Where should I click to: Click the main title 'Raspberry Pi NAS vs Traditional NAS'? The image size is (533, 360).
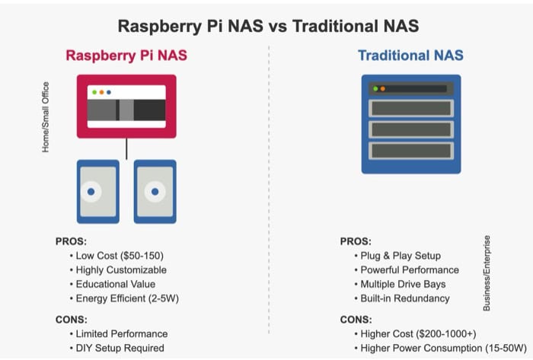(268, 27)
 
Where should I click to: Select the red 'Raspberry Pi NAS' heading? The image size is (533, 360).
(126, 56)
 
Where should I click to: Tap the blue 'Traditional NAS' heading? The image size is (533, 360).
(410, 56)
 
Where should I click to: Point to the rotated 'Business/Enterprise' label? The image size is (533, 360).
(487, 272)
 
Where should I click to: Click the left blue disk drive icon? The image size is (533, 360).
(98, 191)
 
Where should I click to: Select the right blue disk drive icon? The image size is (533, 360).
(155, 191)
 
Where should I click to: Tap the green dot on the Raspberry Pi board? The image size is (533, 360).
(94, 92)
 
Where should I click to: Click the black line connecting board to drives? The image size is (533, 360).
(126, 148)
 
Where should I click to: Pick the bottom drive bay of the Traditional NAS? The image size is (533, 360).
(410, 151)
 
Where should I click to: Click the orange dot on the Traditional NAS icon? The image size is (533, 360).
(383, 89)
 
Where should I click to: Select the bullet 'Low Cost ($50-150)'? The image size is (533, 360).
(120, 256)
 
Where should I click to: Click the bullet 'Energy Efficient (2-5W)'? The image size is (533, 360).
(129, 298)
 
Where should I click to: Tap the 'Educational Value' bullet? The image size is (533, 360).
(116, 284)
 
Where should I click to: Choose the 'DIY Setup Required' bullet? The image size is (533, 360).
(120, 348)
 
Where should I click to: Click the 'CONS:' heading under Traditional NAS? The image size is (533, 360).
(356, 320)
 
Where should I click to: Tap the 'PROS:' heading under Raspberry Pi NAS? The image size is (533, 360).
(71, 241)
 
